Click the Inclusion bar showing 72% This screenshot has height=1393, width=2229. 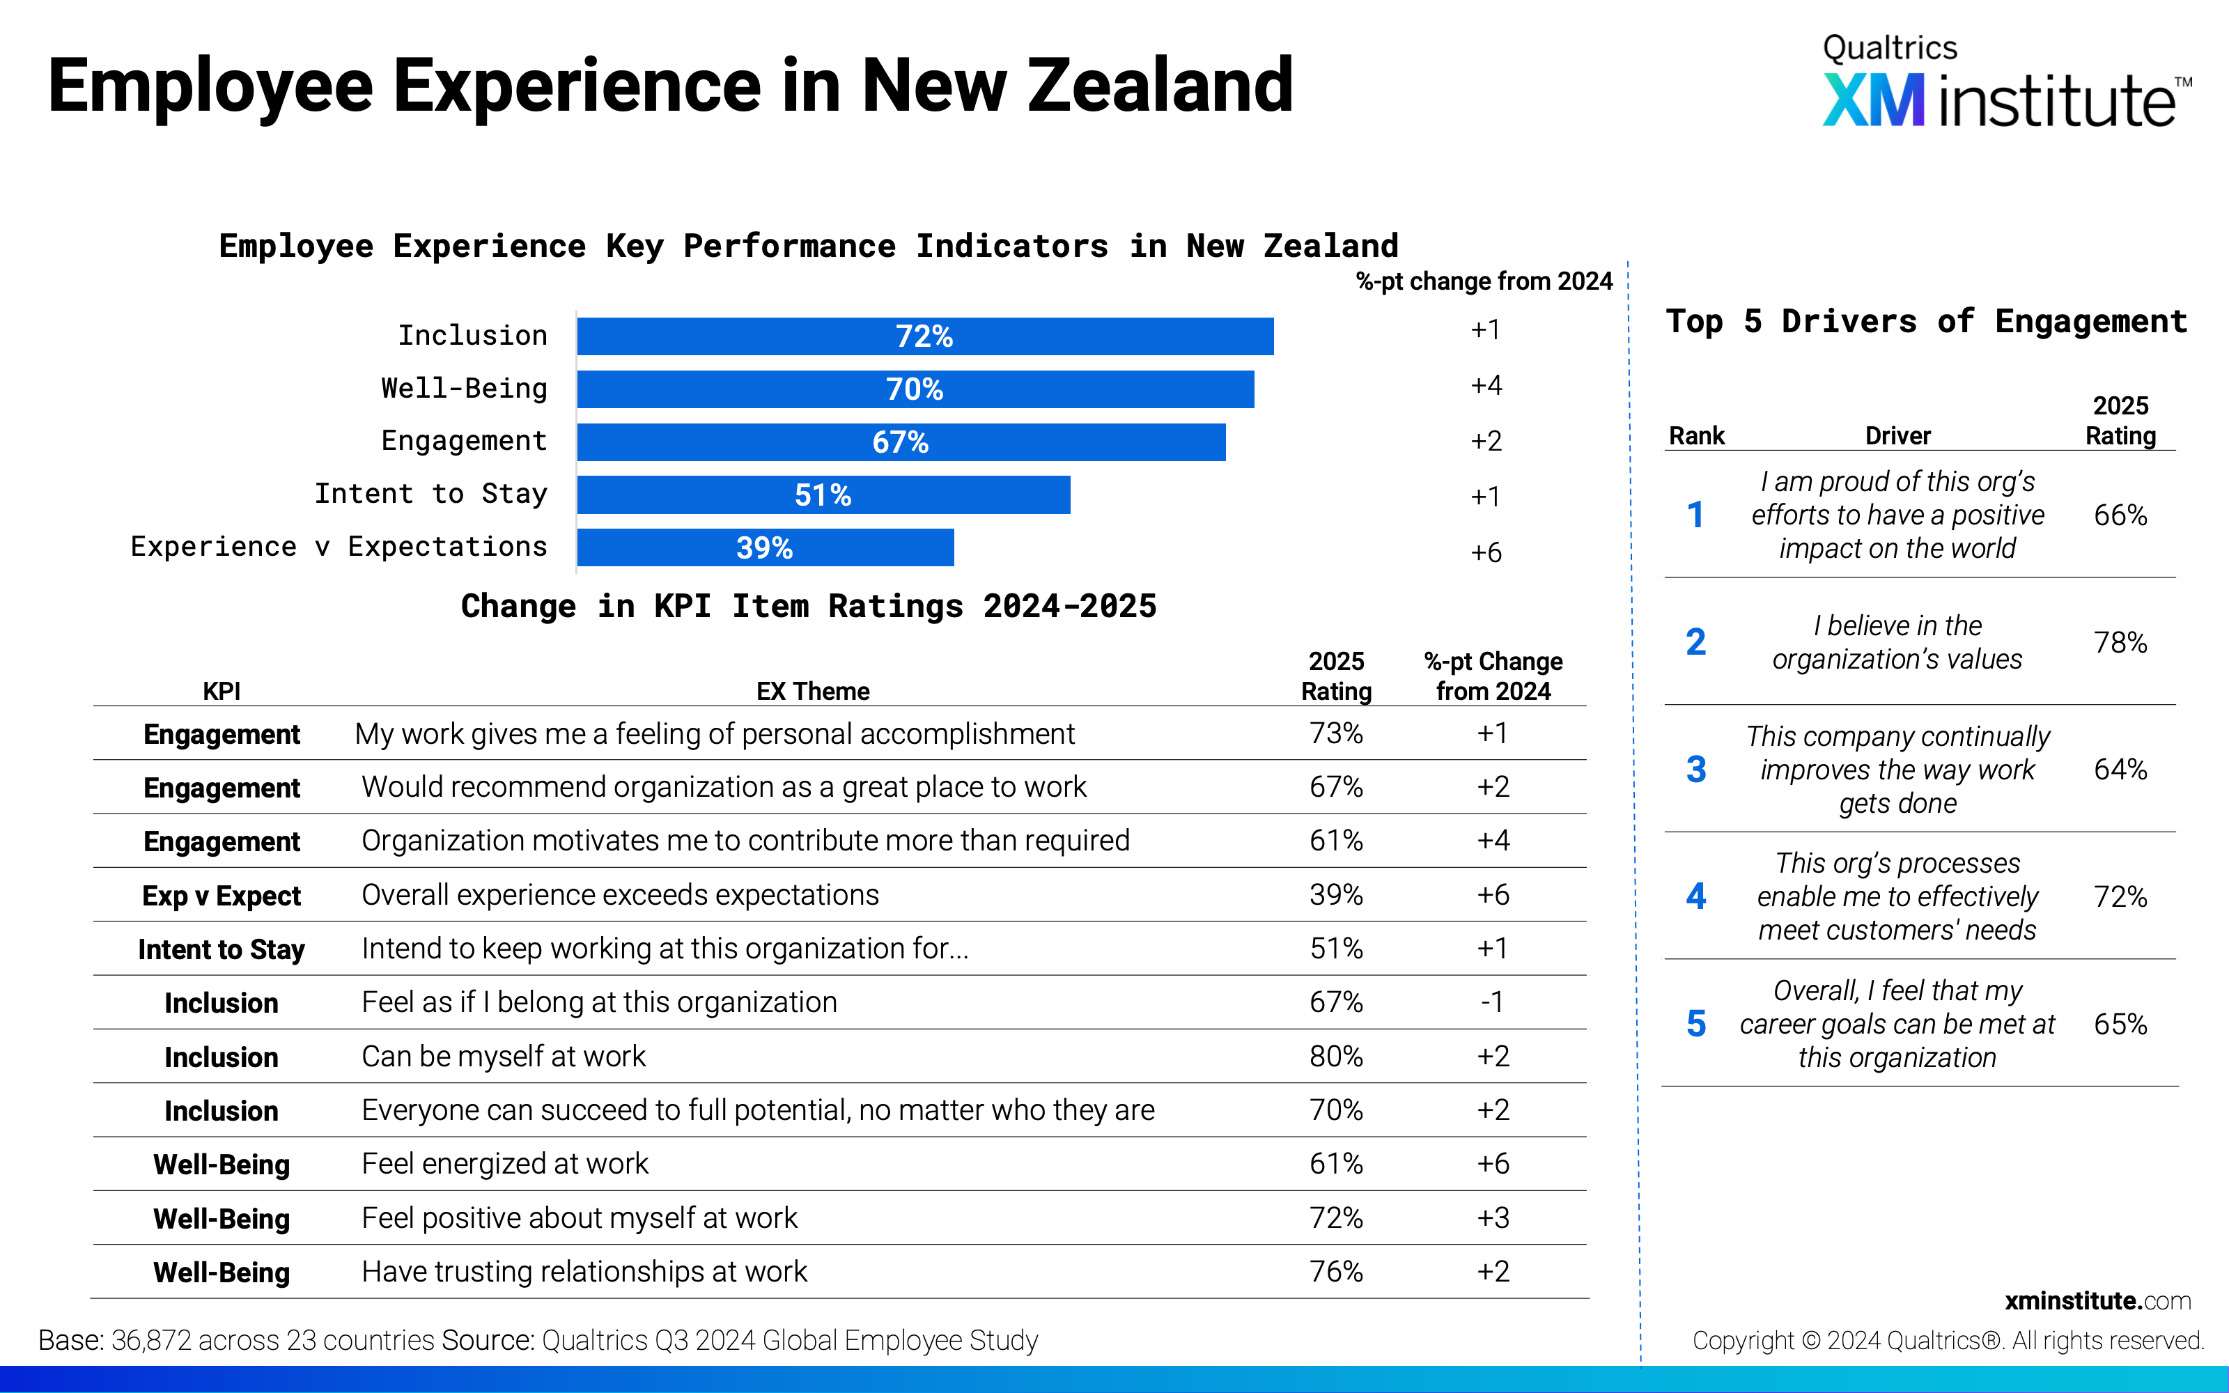925,336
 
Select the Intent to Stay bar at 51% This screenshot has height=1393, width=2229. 823,495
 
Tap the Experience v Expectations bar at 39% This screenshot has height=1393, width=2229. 766,547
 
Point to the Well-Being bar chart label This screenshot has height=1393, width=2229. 464,389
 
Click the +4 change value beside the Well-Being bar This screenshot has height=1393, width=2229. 1486,385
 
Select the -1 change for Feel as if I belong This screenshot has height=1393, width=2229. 1492,1002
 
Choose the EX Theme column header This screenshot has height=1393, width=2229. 812,691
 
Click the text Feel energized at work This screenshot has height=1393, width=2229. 505,1164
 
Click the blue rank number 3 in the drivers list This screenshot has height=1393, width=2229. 1695,769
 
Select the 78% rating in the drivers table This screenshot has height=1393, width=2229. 2120,642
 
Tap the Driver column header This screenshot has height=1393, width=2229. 1897,436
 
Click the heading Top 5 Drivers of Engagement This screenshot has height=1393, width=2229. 1927,322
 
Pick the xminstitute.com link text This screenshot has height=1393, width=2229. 2097,1301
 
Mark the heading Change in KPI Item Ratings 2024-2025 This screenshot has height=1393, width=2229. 809,606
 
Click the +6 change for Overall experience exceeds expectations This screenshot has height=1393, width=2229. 1493,894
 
